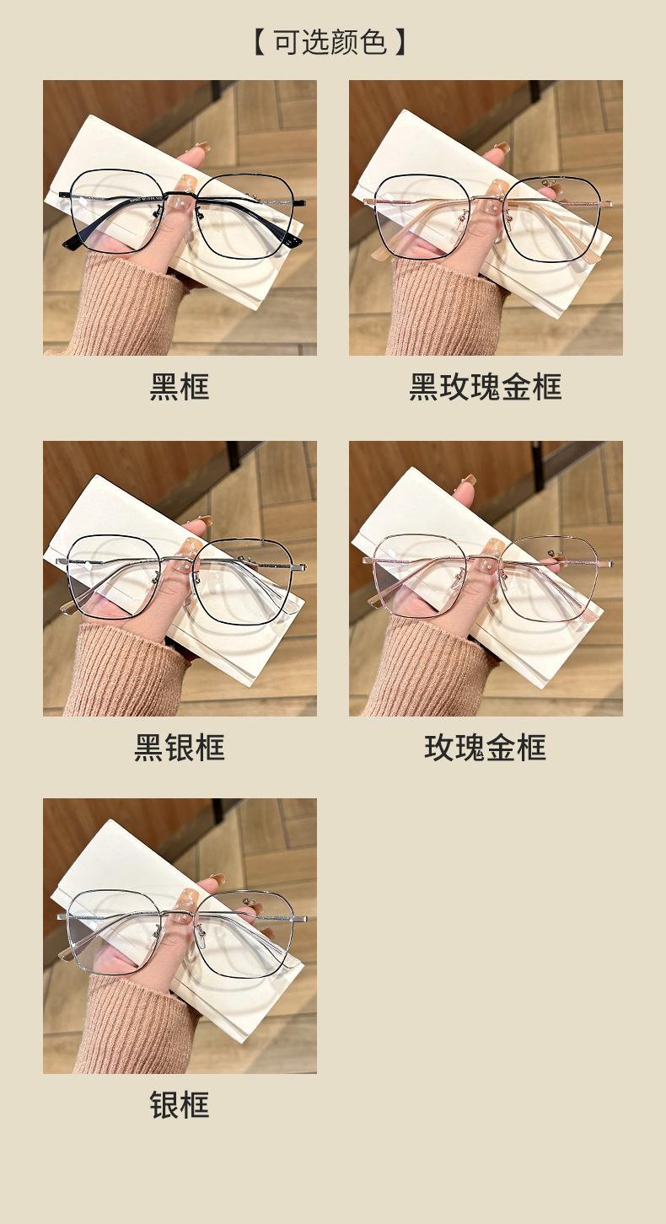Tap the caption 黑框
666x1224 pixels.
click(180, 387)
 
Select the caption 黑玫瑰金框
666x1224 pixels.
click(485, 387)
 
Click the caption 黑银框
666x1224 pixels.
click(180, 748)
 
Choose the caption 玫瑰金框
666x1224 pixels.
click(485, 748)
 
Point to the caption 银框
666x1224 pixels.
click(180, 1104)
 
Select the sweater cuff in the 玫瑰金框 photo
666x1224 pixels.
click(432, 669)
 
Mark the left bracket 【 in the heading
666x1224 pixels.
click(260, 42)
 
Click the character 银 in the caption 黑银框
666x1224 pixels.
click(180, 748)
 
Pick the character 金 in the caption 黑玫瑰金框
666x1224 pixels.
click(516, 387)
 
